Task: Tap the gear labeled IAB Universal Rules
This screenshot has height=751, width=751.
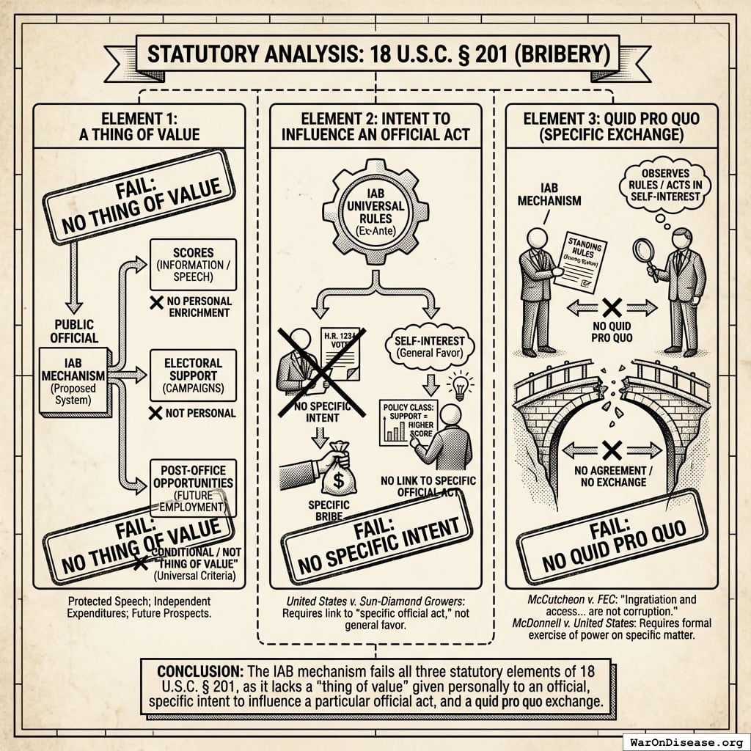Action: (375, 213)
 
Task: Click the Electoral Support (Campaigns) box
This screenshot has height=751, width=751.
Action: (193, 375)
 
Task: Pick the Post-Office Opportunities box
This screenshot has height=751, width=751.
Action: (193, 485)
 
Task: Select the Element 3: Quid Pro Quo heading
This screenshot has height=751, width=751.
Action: (612, 127)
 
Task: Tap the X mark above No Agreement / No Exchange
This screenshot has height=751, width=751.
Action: (612, 449)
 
